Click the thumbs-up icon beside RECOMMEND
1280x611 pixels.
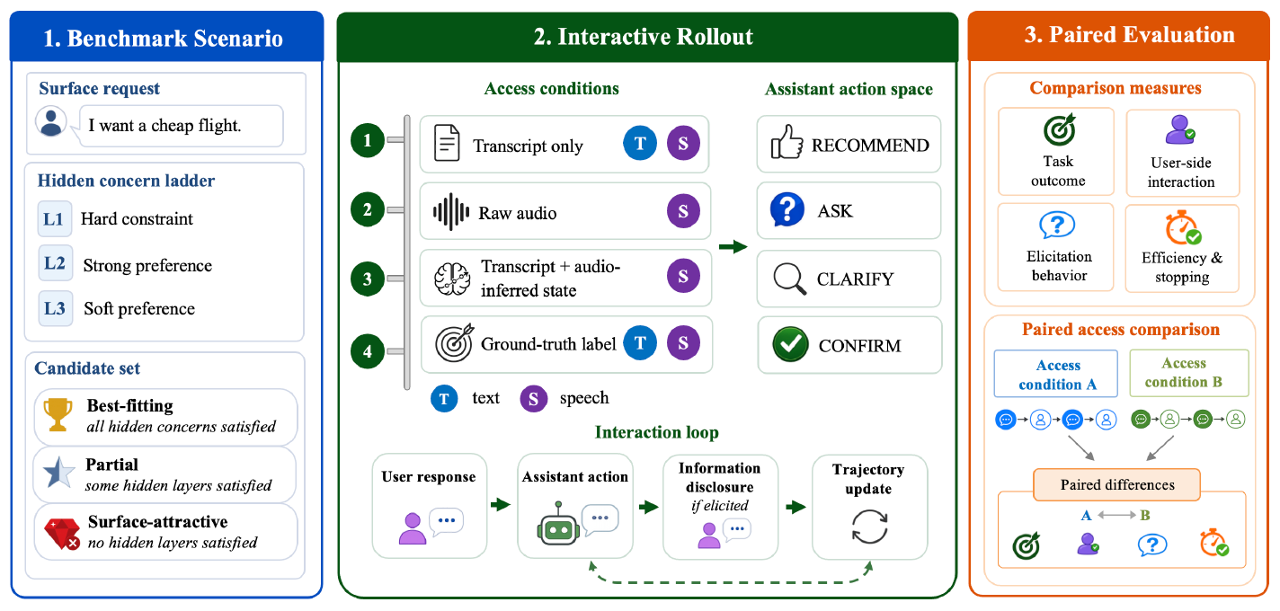tap(787, 142)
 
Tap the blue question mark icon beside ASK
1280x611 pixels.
tap(787, 209)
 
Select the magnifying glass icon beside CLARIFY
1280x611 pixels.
tap(790, 279)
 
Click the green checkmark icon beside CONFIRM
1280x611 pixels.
tap(790, 344)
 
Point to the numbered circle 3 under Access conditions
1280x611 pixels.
tap(368, 279)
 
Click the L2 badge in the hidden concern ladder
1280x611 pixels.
tap(55, 263)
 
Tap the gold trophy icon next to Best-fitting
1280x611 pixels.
tap(58, 414)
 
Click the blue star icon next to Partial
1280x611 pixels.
tap(58, 473)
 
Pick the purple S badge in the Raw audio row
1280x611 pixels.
tap(683, 211)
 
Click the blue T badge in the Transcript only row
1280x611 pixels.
tap(640, 144)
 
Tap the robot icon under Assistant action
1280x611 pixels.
tap(558, 525)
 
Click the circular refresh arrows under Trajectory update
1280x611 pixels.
tap(869, 527)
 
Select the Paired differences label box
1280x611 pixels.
tap(1116, 485)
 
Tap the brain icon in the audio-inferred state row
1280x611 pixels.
tap(452, 279)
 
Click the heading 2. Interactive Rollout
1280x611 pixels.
tap(644, 37)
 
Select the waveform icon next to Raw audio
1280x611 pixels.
tap(451, 212)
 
